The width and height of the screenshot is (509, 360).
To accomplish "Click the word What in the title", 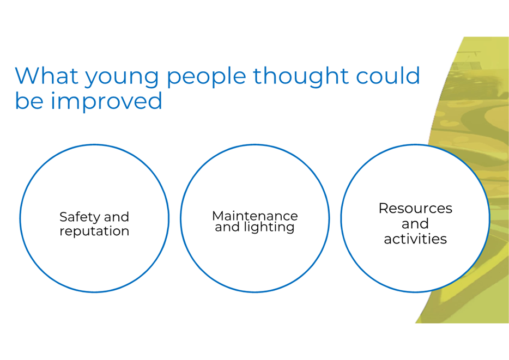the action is tap(46, 75).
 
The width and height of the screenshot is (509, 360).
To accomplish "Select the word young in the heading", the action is tap(122, 78).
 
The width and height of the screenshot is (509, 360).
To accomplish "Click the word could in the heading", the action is tap(388, 75).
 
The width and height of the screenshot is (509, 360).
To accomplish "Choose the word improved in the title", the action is tap(106, 101).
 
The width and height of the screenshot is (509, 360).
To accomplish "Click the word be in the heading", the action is tap(29, 100).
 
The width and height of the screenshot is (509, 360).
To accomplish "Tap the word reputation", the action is tap(94, 231).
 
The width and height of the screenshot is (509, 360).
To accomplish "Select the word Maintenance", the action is tap(255, 216).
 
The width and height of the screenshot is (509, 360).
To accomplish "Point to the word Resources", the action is tap(415, 208).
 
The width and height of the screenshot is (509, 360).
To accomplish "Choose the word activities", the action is tap(415, 239).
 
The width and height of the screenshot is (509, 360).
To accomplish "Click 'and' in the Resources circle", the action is tap(415, 223).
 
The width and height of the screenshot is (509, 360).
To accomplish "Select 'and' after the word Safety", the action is tap(117, 217).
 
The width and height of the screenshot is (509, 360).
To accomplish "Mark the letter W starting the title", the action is tap(28, 75).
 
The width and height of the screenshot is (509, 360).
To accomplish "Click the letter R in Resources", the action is tap(384, 208).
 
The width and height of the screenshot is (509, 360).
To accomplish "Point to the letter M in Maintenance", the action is tap(218, 216).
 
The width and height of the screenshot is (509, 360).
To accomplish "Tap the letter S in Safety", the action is tap(64, 217).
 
